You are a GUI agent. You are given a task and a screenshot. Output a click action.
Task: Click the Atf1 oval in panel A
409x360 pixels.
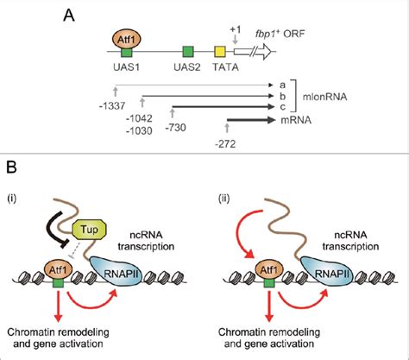tap(126, 40)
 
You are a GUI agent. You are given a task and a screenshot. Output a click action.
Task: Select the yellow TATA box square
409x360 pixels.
tap(220, 52)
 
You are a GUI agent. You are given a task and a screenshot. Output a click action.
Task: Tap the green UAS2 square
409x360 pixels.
tap(188, 52)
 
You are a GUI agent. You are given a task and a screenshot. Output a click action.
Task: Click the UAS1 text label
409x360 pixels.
tap(126, 67)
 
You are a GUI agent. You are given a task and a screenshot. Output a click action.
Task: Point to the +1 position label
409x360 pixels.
tap(236, 30)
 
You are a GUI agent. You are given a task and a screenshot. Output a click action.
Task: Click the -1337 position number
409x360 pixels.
tap(112, 106)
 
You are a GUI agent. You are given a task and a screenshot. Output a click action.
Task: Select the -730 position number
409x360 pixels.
tap(175, 127)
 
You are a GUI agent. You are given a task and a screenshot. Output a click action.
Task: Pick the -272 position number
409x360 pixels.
tap(225, 143)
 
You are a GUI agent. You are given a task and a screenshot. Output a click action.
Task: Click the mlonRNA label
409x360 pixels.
tap(324, 97)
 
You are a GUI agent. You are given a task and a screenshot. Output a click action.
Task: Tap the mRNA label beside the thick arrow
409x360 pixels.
tap(296, 120)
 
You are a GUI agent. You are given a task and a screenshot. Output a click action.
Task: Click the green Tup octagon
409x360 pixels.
tap(90, 230)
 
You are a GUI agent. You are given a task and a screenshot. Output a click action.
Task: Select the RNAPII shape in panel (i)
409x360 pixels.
tap(116, 271)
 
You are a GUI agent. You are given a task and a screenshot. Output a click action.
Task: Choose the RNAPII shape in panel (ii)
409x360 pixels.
tap(327, 271)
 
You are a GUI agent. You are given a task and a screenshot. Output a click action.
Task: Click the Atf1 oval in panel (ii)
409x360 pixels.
tap(269, 270)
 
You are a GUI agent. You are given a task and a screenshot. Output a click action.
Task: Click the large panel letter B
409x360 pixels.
tap(11, 167)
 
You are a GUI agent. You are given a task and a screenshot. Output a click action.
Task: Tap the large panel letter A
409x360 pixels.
tap(69, 16)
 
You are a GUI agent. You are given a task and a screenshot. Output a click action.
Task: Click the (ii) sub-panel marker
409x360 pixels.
tap(224, 199)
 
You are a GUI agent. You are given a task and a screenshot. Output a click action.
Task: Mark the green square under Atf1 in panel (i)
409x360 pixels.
tap(59, 282)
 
